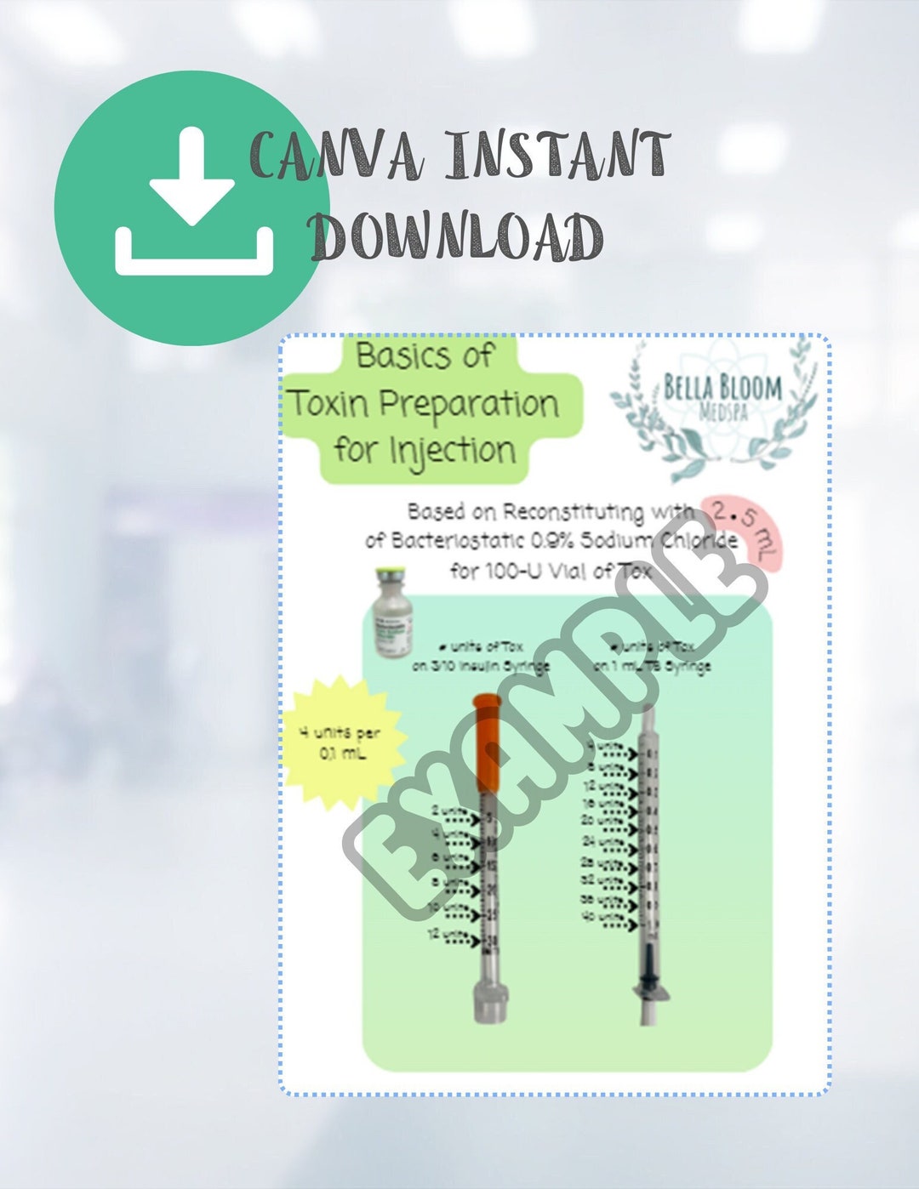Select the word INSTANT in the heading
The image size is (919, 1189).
[558, 155]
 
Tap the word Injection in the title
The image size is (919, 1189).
[452, 450]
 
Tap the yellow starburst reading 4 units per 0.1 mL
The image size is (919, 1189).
[340, 742]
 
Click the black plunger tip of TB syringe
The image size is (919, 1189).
[649, 965]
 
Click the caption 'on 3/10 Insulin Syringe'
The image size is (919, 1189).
[481, 666]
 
